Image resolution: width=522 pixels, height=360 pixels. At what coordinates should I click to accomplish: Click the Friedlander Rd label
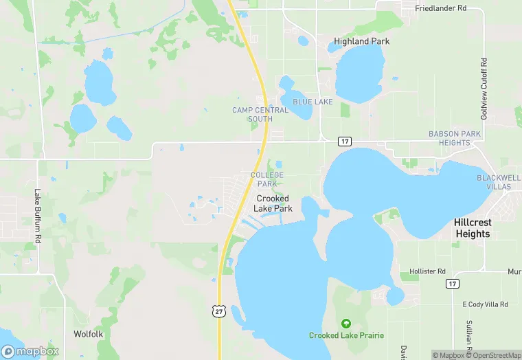(441, 8)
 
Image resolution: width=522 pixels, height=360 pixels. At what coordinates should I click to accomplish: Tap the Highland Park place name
(361, 41)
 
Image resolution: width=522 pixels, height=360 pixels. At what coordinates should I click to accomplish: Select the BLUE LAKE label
(313, 102)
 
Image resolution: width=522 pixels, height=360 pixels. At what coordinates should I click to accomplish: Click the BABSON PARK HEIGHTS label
(449, 138)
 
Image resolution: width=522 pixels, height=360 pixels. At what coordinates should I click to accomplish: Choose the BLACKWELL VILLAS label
(498, 182)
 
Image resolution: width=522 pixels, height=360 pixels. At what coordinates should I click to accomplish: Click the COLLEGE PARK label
(267, 179)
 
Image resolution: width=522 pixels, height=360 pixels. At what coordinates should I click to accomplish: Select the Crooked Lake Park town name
(273, 203)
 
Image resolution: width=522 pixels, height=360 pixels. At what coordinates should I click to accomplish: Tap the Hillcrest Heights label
(473, 228)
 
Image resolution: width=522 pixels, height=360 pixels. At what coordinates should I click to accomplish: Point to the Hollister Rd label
(427, 271)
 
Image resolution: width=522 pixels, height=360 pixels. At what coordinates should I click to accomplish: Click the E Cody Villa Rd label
(485, 304)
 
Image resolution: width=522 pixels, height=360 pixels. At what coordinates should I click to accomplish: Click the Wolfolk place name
(88, 334)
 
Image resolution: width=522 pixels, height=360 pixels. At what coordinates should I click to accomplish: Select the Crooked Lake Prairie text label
(346, 335)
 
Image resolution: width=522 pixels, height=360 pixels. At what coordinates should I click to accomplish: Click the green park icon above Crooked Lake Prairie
(345, 323)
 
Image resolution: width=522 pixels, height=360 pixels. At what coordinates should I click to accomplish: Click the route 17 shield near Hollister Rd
(451, 284)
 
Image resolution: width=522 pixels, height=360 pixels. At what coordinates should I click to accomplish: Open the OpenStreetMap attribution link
(493, 355)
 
